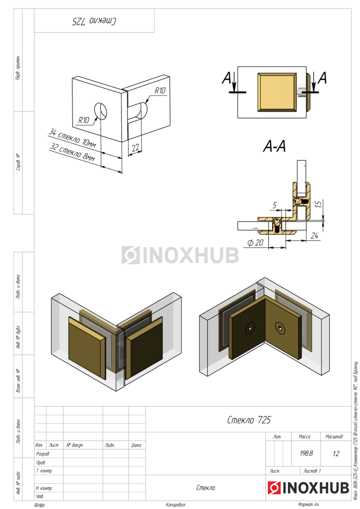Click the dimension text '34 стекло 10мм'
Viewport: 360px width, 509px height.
pos(72,138)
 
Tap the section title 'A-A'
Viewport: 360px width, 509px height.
pos(275,147)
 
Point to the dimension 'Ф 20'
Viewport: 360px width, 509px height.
pos(255,243)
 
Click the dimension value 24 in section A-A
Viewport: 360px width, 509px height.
pos(315,235)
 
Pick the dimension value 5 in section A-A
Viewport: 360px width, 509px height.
pos(274,206)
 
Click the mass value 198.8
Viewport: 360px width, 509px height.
pos(306,453)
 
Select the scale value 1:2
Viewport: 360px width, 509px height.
pos(336,453)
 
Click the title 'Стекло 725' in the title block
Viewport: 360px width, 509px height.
pos(249,420)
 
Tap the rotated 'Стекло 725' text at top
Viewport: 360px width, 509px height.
pos(94,21)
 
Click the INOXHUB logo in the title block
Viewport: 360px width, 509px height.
pos(309,488)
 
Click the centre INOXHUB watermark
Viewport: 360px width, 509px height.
pos(180,255)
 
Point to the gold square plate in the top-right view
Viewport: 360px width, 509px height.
pos(277,92)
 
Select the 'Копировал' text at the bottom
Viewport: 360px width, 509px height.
pos(175,505)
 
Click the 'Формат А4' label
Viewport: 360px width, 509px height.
pos(311,505)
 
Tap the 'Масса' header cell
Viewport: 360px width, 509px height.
pos(304,436)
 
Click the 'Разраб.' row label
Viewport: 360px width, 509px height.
pos(43,454)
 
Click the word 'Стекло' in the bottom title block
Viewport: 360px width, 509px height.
pos(205,488)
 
